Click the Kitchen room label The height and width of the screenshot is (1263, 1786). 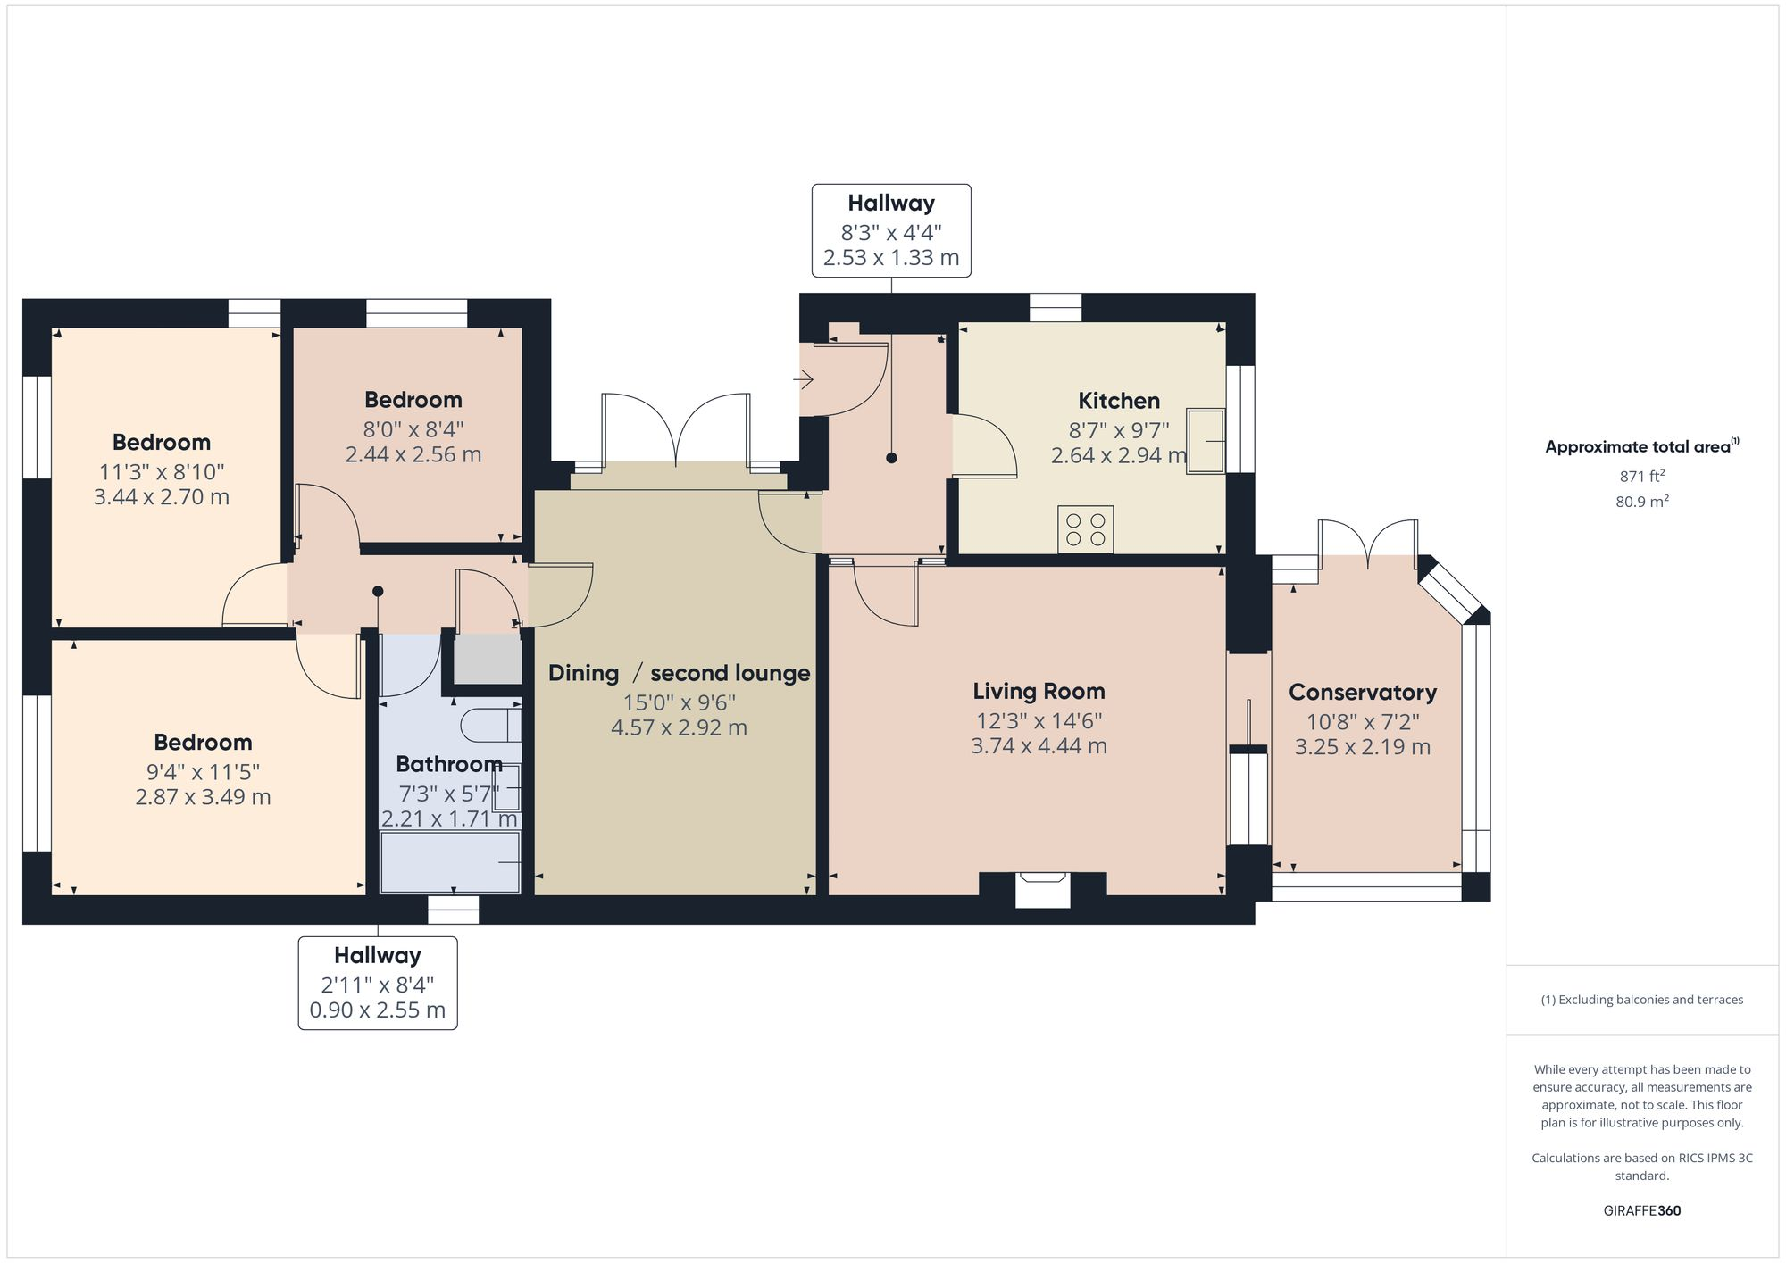pos(1118,401)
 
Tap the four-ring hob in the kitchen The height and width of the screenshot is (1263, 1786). pos(1085,529)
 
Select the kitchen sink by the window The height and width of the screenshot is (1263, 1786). pos(1206,441)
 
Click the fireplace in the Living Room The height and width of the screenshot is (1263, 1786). pos(1043,889)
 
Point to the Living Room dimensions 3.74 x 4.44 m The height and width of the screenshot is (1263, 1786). pos(1039,746)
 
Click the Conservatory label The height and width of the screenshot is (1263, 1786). pos(1362,693)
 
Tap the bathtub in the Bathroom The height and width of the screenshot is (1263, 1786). pos(450,862)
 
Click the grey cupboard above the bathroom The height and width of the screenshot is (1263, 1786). pos(488,660)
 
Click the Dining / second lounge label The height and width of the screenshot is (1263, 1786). pos(679,673)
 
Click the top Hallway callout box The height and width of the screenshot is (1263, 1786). pos(890,230)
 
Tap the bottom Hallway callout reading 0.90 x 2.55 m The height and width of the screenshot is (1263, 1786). pos(377,1010)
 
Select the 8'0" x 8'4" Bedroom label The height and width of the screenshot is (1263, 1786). pos(413,400)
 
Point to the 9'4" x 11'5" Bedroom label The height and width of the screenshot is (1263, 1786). pos(203,743)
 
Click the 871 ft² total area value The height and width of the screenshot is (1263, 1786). pos(1641,477)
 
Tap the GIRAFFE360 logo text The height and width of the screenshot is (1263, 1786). pos(1641,1211)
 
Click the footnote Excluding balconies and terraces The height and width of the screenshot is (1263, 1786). pos(1641,1000)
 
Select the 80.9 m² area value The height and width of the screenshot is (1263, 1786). pos(1641,502)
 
